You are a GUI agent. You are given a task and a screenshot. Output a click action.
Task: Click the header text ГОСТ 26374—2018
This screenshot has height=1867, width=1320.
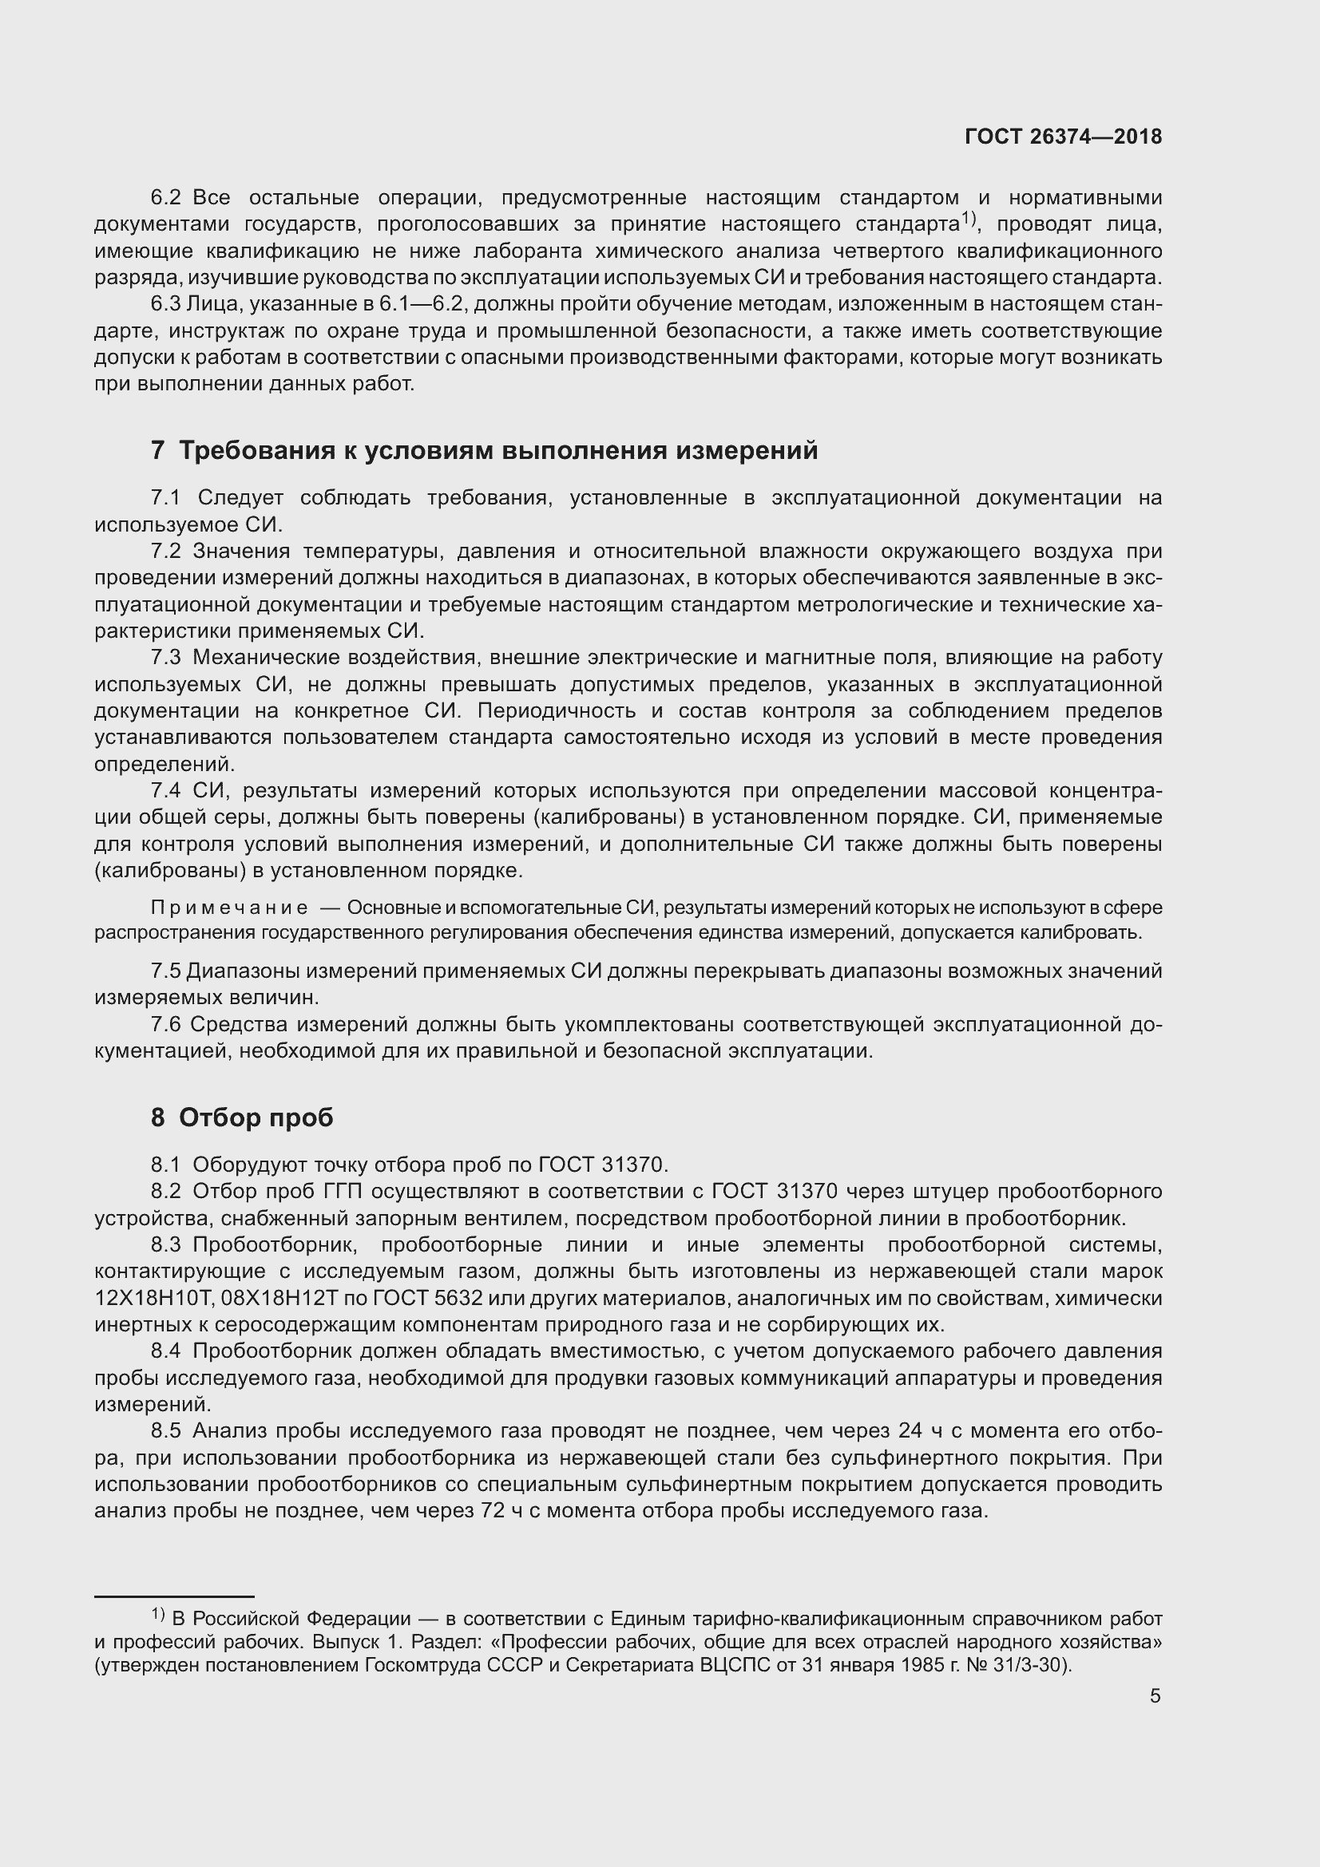pyautogui.click(x=1063, y=136)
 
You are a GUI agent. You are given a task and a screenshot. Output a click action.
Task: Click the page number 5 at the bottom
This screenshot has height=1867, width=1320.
pyautogui.click(x=1155, y=1695)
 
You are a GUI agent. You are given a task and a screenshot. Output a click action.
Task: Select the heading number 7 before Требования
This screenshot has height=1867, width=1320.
pyautogui.click(x=158, y=450)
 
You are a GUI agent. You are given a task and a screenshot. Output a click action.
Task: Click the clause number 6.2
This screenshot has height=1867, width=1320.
pyautogui.click(x=167, y=198)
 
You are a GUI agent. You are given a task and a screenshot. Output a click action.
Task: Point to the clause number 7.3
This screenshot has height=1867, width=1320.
pyautogui.click(x=167, y=657)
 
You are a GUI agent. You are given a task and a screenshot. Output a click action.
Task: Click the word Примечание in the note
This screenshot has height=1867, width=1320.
pyautogui.click(x=229, y=908)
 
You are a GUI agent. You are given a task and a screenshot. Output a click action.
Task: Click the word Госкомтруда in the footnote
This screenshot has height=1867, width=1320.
pyautogui.click(x=424, y=1665)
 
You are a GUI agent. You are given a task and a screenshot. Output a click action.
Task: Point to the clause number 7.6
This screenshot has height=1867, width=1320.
pyautogui.click(x=167, y=1025)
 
